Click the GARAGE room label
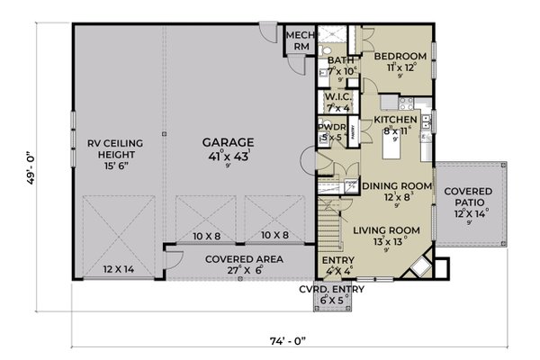(x=227, y=142)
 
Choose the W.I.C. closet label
(x=337, y=96)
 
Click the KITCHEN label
(x=394, y=119)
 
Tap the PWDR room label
(x=330, y=128)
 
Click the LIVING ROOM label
(x=385, y=230)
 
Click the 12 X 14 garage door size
(x=118, y=269)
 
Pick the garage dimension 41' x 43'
(x=227, y=158)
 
